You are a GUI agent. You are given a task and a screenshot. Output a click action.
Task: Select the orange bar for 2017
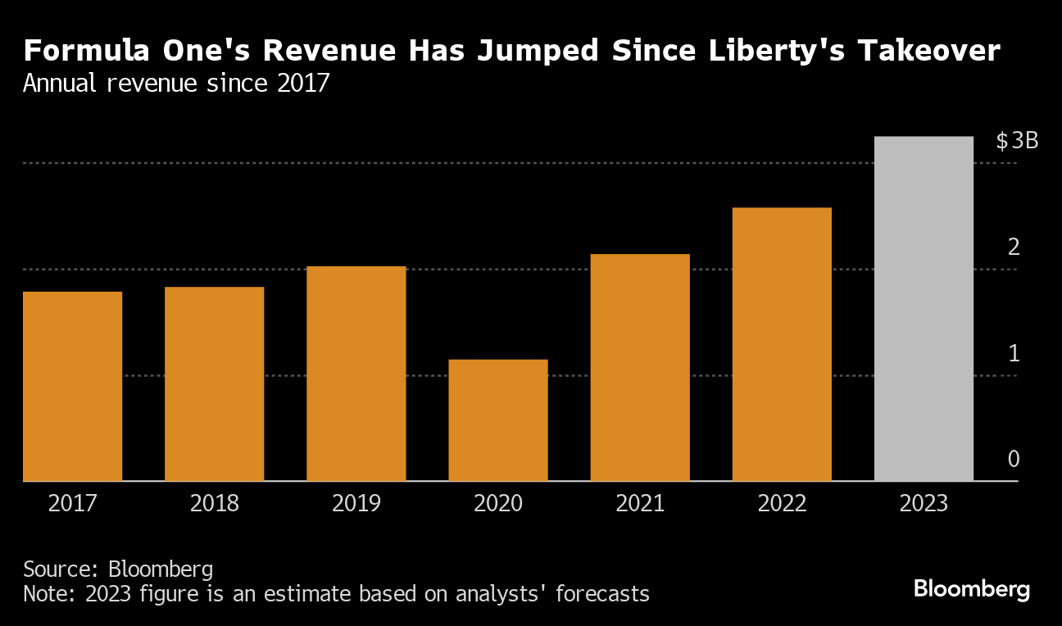tap(73, 386)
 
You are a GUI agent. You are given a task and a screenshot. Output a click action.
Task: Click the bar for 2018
tap(215, 383)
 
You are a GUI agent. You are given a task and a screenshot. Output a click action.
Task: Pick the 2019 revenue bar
tap(356, 374)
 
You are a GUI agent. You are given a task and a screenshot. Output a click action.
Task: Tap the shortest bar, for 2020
tap(498, 420)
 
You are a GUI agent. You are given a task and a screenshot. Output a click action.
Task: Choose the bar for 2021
tap(640, 367)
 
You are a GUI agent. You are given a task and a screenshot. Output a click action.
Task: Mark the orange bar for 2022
tap(782, 344)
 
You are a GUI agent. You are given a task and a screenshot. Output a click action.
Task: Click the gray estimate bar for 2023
tap(924, 308)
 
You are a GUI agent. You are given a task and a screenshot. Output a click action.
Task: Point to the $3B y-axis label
tap(1017, 141)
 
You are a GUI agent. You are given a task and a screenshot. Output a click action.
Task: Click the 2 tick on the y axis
tap(1014, 247)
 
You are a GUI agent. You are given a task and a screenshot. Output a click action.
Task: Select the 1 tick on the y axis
tap(1014, 353)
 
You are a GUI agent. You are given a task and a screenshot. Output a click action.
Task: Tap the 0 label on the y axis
tap(1014, 459)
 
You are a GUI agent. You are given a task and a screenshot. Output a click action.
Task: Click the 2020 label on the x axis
tap(498, 502)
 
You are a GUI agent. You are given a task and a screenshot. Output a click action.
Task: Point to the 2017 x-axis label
tap(73, 502)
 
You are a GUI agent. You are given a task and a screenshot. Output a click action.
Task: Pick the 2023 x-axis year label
tap(924, 502)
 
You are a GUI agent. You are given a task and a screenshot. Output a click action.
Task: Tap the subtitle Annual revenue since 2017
tap(176, 84)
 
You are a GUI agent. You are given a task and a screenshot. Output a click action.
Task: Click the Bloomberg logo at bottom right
tap(971, 589)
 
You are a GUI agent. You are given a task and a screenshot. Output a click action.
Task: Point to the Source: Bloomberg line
tap(118, 569)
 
